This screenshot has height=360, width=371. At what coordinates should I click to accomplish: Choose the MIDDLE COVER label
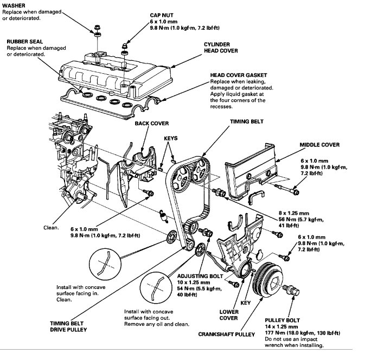[x=319, y=145]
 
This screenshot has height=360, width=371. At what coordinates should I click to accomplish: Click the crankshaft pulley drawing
[x=271, y=279]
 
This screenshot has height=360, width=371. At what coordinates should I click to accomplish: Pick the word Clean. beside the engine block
[x=51, y=227]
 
